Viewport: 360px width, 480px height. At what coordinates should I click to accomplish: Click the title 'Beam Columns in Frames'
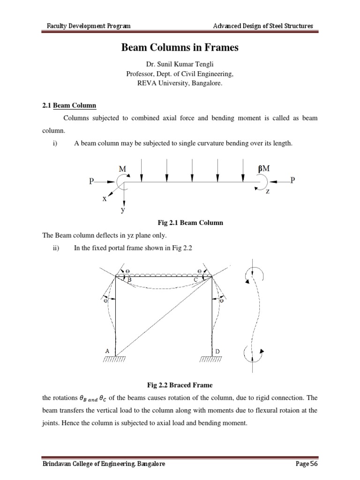pos(180,47)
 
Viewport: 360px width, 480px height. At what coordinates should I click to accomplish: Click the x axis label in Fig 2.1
pos(105,199)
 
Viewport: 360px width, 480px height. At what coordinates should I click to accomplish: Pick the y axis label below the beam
pos(123,210)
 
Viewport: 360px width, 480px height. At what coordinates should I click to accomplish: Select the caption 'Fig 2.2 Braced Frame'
pos(180,385)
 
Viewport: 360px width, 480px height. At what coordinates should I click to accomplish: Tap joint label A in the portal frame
pos(108,351)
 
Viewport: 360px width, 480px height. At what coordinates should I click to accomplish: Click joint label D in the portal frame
pos(217,351)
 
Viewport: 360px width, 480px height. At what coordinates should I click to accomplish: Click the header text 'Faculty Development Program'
pos(84,26)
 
